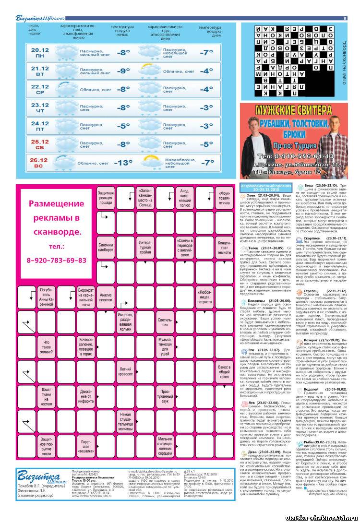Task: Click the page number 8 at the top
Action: coord(345,18)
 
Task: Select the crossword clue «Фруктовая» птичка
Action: coord(224,197)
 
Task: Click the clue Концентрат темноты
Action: coord(224,247)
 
